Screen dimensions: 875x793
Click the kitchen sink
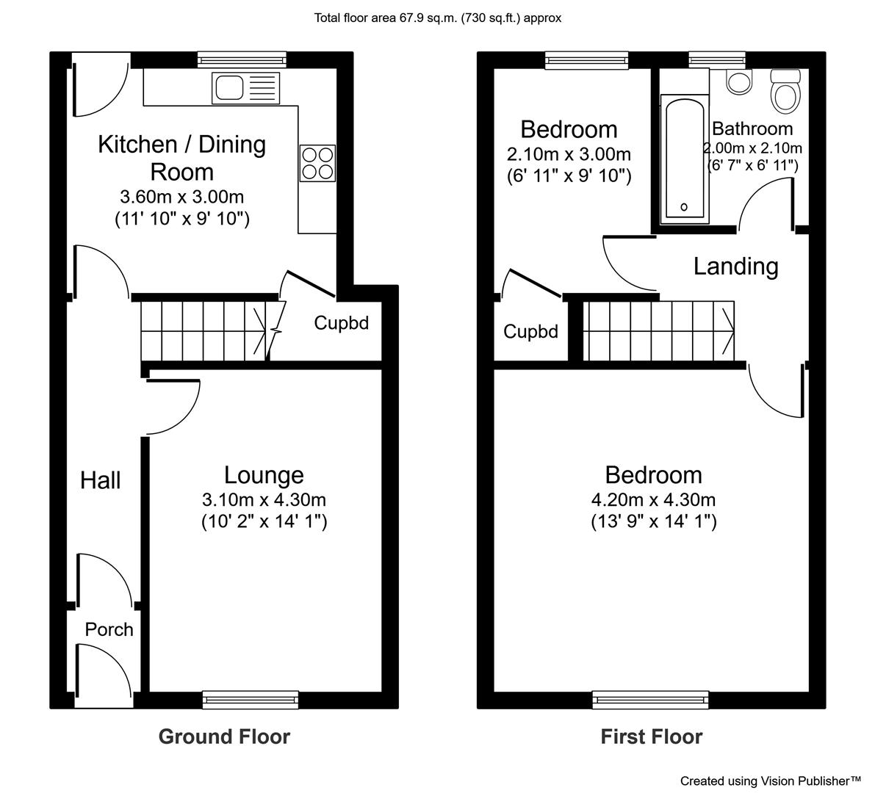pyautogui.click(x=245, y=88)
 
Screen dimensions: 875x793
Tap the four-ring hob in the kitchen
pyautogui.click(x=317, y=163)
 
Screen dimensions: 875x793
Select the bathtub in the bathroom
pyautogui.click(x=685, y=159)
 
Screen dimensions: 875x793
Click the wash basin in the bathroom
pyautogui.click(x=739, y=82)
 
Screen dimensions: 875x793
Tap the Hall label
pyautogui.click(x=101, y=480)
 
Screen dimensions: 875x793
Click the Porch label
pyautogui.click(x=109, y=629)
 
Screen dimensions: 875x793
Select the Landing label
pyautogui.click(x=735, y=266)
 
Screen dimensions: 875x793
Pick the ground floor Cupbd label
pyautogui.click(x=342, y=323)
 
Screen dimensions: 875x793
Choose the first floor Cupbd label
pyautogui.click(x=530, y=332)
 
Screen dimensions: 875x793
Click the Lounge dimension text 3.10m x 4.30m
pyautogui.click(x=264, y=500)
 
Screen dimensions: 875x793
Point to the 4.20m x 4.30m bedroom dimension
pyautogui.click(x=653, y=500)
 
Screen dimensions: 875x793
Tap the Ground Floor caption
pyautogui.click(x=224, y=736)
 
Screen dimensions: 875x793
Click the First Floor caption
pyautogui.click(x=651, y=736)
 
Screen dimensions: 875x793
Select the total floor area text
pyautogui.click(x=438, y=18)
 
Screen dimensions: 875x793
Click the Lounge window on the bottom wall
pyautogui.click(x=251, y=700)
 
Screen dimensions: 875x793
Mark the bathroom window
pyautogui.click(x=717, y=59)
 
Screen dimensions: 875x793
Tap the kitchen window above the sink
pyautogui.click(x=242, y=59)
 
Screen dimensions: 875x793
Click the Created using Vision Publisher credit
pyautogui.click(x=771, y=781)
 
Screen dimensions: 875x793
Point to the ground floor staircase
pyautogui.click(x=204, y=331)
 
